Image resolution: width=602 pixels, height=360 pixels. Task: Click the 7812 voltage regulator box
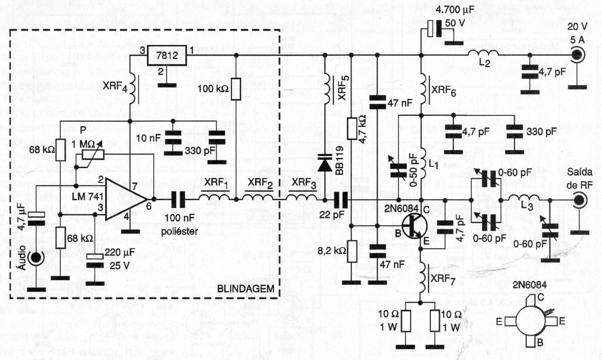[x=167, y=58]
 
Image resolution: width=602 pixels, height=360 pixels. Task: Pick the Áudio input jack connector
[x=35, y=258]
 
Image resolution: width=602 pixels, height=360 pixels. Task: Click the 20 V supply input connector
[x=577, y=55]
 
